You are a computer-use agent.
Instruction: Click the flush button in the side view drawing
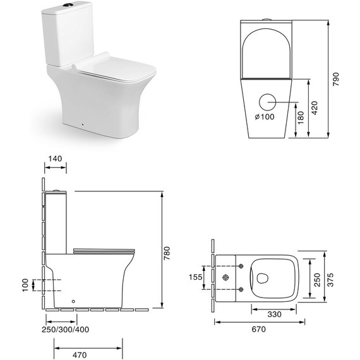click(x=59, y=190)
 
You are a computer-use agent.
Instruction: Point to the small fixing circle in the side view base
click(x=75, y=301)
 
